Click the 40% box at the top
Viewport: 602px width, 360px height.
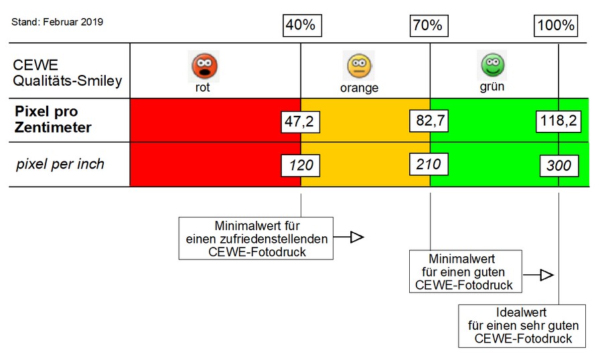pos(301,25)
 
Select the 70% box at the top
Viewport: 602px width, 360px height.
pos(429,25)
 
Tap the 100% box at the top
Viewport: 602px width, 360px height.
pos(555,25)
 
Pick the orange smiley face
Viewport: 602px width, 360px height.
pos(360,66)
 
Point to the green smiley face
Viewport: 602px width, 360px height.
pos(492,65)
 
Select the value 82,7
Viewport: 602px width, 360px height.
pos(429,121)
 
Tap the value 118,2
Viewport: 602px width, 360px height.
pos(558,122)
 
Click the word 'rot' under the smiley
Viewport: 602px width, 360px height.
pos(202,87)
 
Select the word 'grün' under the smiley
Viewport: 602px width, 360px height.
pos(492,86)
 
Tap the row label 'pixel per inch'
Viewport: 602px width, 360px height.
pos(60,164)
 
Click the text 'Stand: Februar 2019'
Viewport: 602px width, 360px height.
pos(58,22)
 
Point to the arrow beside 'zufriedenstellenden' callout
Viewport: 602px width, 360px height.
pos(349,237)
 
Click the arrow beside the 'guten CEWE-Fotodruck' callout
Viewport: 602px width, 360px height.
pos(539,274)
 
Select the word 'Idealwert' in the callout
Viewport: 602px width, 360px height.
pos(522,312)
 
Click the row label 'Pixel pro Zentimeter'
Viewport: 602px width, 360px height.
pos(53,119)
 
